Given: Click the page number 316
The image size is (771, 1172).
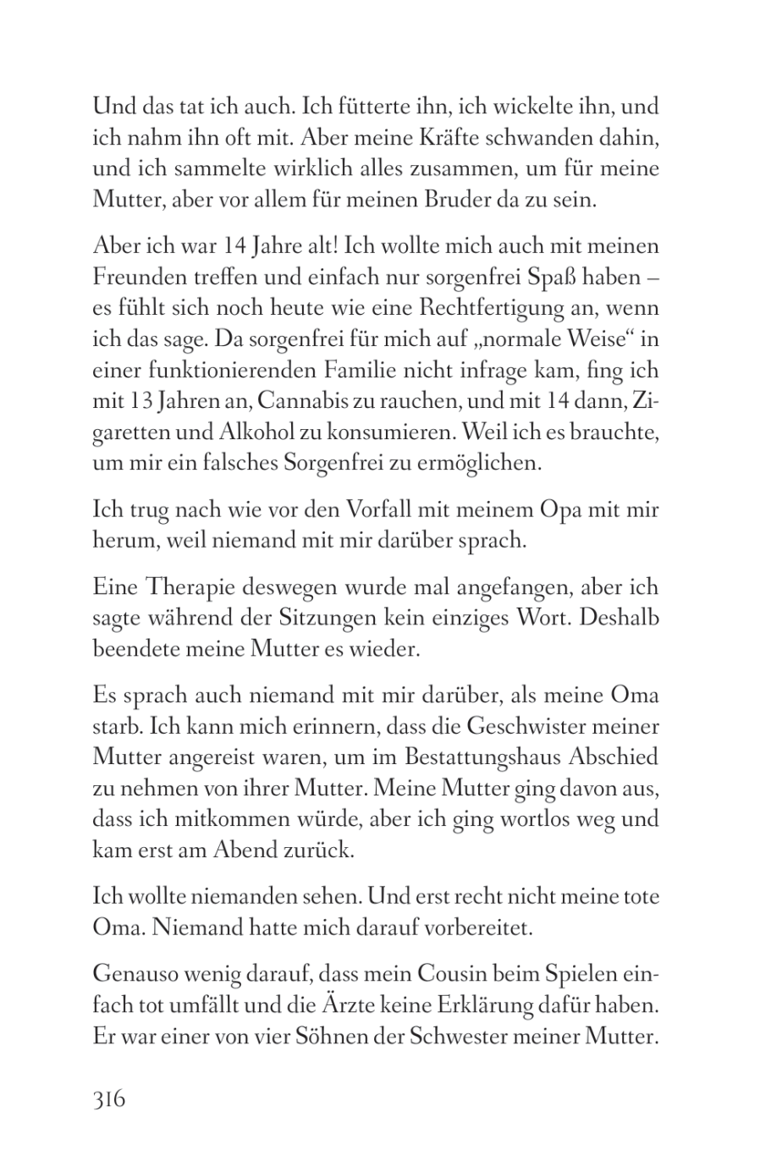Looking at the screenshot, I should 109,1099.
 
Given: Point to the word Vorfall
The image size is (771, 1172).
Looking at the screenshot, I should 385,510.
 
